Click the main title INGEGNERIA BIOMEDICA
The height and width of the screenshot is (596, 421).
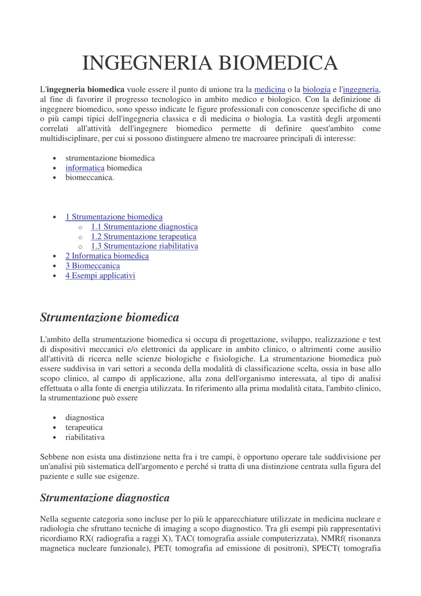click(x=210, y=63)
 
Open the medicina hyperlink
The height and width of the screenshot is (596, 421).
click(x=270, y=90)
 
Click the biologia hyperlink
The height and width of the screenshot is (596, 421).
click(x=316, y=90)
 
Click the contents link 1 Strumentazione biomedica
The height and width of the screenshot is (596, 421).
click(x=114, y=217)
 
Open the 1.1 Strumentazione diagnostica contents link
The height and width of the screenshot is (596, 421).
click(x=144, y=226)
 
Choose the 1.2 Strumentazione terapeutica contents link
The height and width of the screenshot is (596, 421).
click(x=144, y=236)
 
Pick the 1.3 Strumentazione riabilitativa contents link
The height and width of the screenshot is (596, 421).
click(x=144, y=246)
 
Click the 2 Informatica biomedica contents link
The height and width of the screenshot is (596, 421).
click(x=107, y=256)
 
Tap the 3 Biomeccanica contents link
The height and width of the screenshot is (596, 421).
click(x=92, y=265)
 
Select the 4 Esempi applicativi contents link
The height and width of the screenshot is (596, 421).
click(x=100, y=275)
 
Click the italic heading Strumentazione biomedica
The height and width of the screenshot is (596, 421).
click(x=109, y=317)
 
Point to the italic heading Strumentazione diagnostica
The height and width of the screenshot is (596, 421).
click(x=105, y=498)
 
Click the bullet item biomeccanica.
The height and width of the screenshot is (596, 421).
click(x=90, y=178)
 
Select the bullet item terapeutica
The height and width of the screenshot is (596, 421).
click(x=84, y=427)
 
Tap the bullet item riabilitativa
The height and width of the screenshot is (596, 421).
click(x=85, y=437)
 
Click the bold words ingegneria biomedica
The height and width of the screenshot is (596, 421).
click(x=85, y=90)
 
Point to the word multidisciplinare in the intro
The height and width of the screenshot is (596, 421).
click(x=72, y=139)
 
